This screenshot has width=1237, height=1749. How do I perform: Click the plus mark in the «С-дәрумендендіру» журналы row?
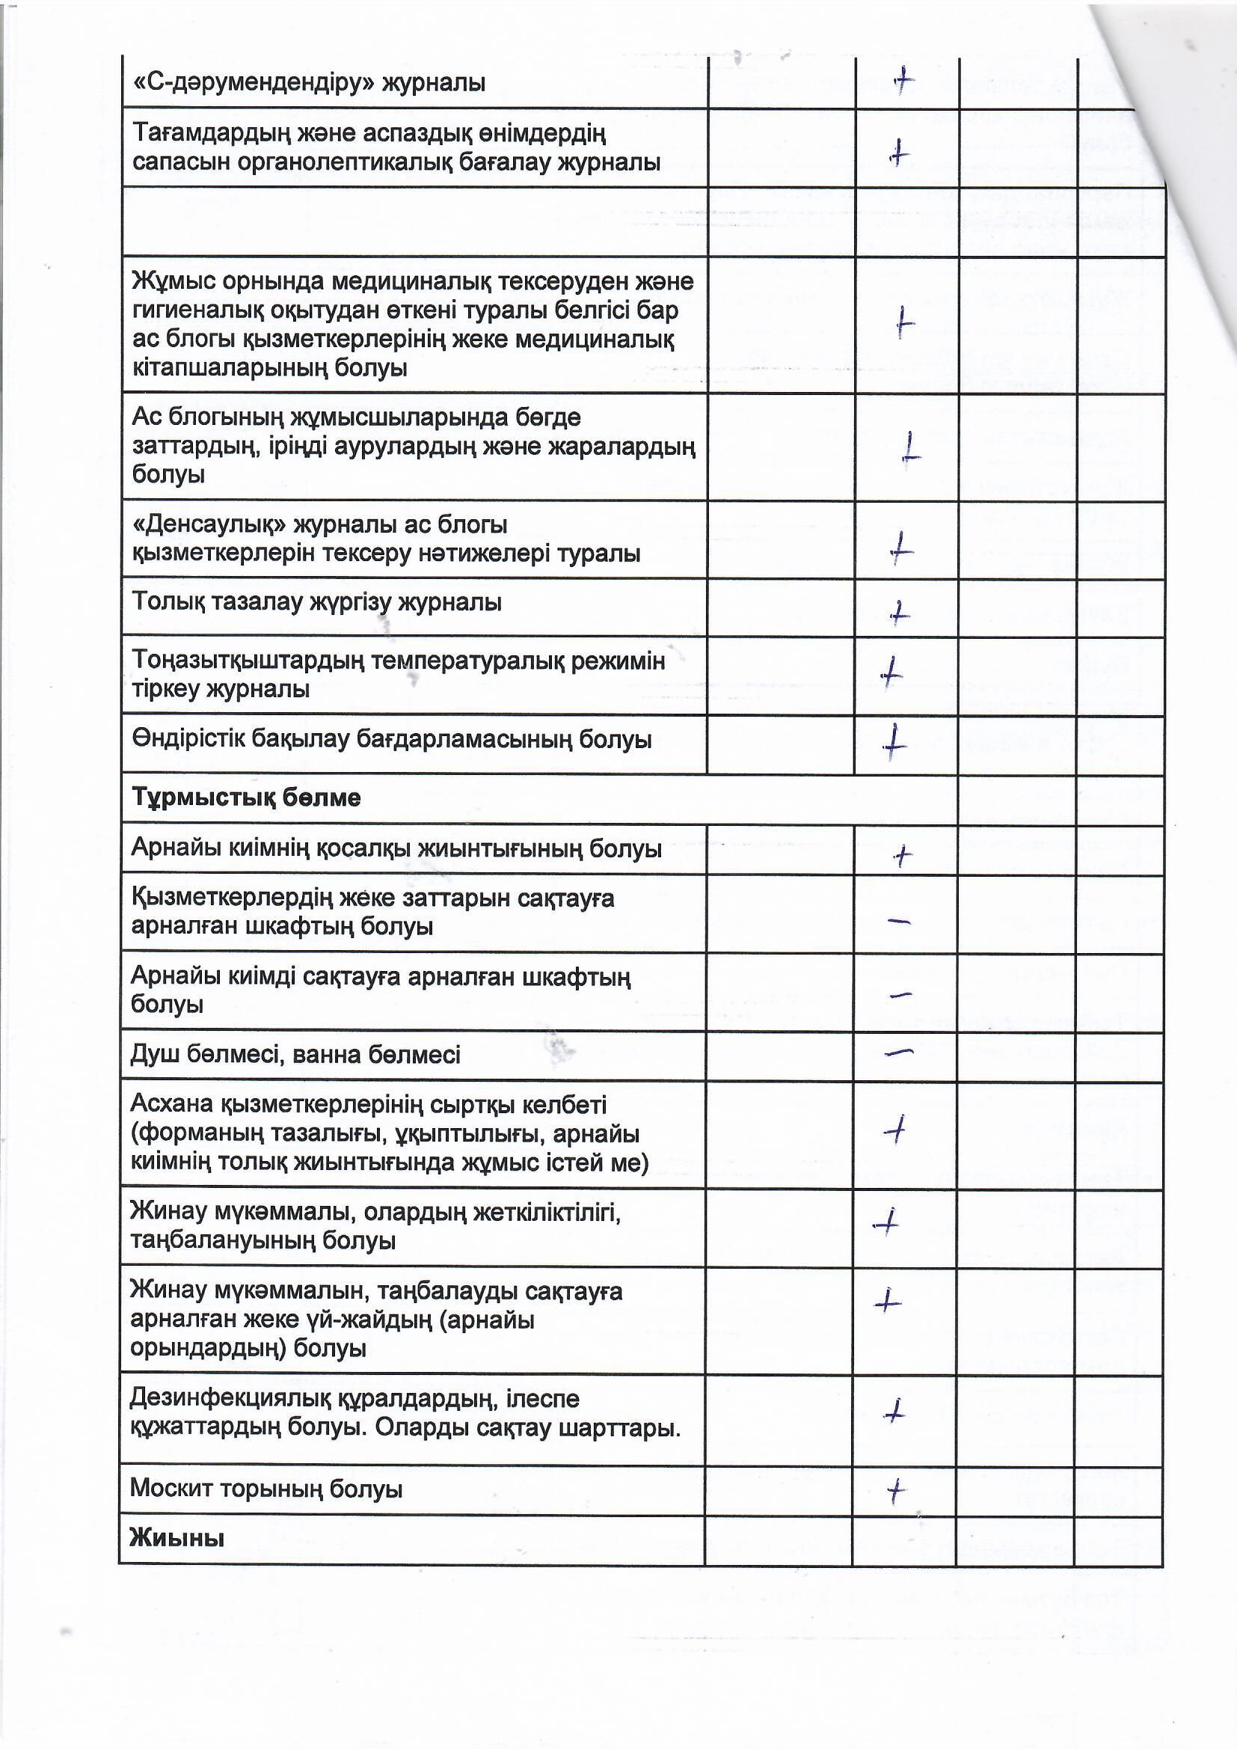pos(903,80)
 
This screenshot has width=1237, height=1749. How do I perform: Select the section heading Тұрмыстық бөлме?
pos(246,797)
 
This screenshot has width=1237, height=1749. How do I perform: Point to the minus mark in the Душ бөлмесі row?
pos(900,1052)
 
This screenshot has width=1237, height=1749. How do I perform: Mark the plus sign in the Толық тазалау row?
pos(900,612)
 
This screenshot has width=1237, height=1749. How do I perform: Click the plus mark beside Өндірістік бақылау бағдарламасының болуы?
pos(894,741)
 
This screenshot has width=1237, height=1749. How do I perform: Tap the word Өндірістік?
pos(188,739)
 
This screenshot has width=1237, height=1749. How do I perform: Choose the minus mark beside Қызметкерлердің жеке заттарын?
pos(900,922)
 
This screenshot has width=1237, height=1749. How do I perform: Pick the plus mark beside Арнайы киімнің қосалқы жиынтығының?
pos(903,857)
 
